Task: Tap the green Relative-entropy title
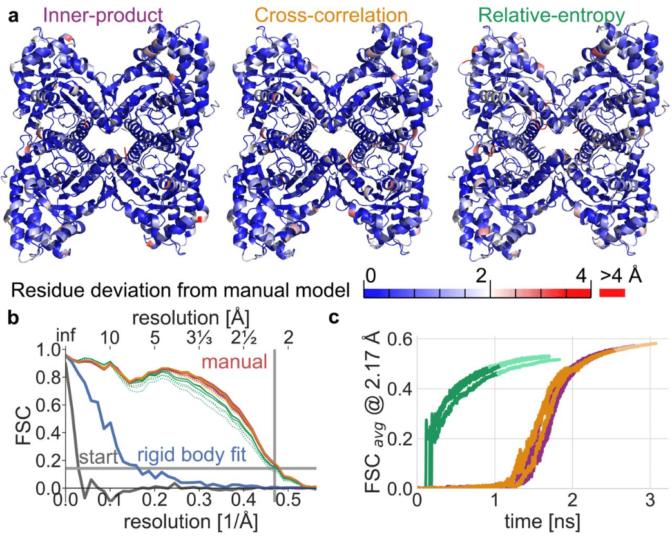pyautogui.click(x=552, y=14)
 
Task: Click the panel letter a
pyautogui.click(x=14, y=15)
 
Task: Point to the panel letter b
pyautogui.click(x=13, y=317)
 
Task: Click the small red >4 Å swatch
pyautogui.click(x=612, y=292)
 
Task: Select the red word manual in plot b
pyautogui.click(x=234, y=361)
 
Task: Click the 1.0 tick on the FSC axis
pyautogui.click(x=48, y=351)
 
